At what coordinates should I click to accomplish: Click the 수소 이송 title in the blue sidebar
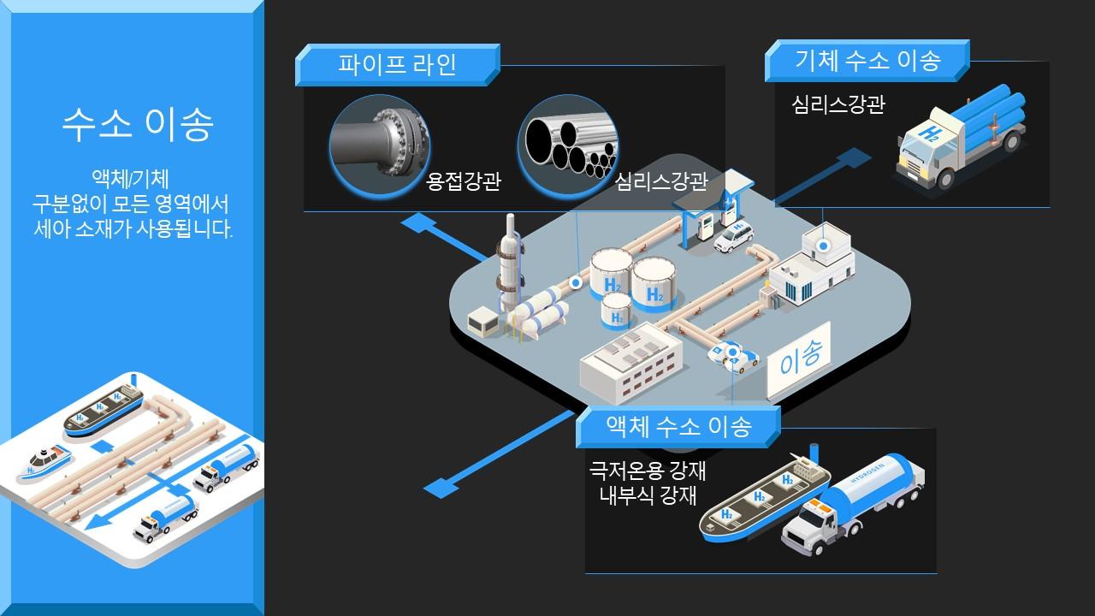click(138, 125)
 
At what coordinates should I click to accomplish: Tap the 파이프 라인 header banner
click(397, 65)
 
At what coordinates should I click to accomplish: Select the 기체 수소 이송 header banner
click(867, 61)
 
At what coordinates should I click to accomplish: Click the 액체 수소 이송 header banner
click(678, 426)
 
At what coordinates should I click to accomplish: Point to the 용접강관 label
click(463, 181)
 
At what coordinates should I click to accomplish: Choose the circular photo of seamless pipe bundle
click(567, 140)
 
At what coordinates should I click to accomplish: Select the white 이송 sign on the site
click(800, 358)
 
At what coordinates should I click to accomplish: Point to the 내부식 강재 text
click(648, 495)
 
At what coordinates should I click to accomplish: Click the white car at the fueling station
click(734, 236)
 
